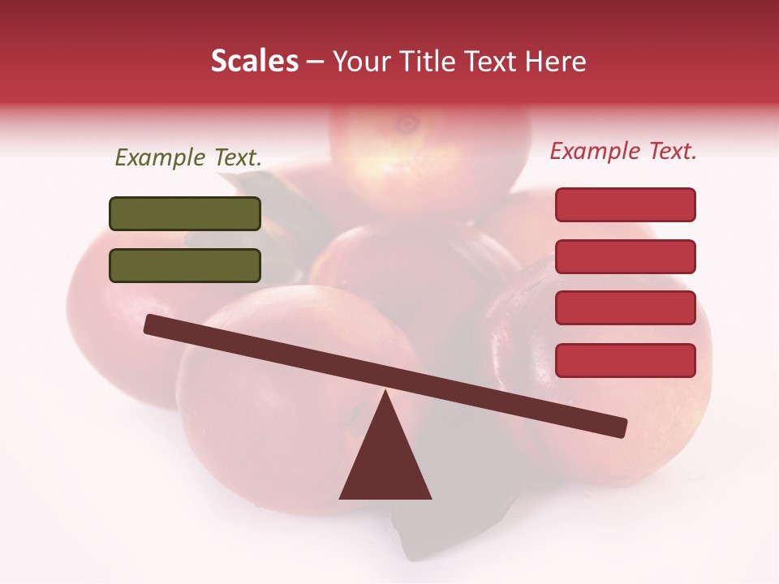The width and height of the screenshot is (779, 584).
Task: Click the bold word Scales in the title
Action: pyautogui.click(x=254, y=62)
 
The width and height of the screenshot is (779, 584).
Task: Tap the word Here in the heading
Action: pyautogui.click(x=556, y=62)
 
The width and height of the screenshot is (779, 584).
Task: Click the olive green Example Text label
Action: pyautogui.click(x=188, y=157)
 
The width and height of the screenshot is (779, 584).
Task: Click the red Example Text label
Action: pyautogui.click(x=623, y=151)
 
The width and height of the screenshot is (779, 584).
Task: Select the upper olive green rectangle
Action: pyautogui.click(x=185, y=213)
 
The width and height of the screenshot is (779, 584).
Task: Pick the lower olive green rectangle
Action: pyautogui.click(x=185, y=265)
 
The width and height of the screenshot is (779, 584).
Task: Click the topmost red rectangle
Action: pyautogui.click(x=626, y=204)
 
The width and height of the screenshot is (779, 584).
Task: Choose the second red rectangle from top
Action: pyautogui.click(x=626, y=256)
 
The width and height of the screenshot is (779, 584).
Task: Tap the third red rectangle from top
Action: pyautogui.click(x=626, y=308)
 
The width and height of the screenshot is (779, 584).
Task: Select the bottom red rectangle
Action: pyautogui.click(x=626, y=360)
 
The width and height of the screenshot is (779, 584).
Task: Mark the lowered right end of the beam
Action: pyautogui.click(x=619, y=427)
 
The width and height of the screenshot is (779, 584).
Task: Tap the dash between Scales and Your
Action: pyautogui.click(x=316, y=62)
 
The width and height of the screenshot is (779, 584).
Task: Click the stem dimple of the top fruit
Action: pyautogui.click(x=407, y=124)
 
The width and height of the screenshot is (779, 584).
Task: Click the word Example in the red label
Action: pyautogui.click(x=596, y=151)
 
